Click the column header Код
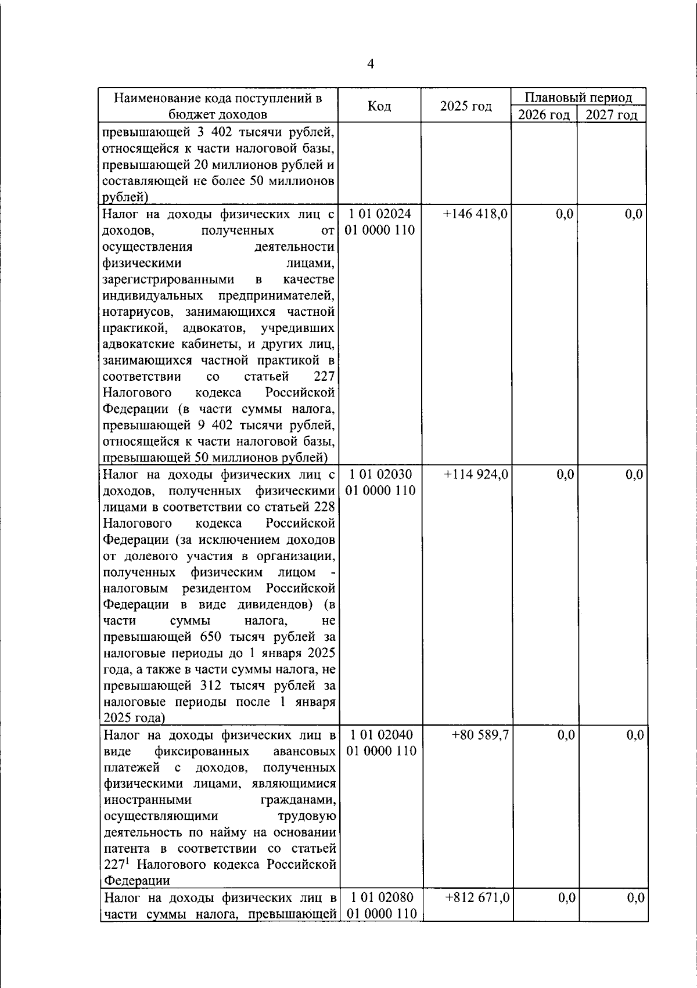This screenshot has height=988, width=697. pos(379,106)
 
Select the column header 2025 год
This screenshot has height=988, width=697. pos(465,106)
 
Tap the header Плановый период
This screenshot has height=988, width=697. pos(578,98)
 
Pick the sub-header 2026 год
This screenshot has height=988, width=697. pos(544,114)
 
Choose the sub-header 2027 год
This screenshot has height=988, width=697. pos(611,114)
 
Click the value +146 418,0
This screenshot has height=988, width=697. pos(476,214)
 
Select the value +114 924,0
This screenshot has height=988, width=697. pos(476,475)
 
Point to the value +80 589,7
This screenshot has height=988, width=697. pos(480,735)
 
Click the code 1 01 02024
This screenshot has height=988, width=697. pos(380,214)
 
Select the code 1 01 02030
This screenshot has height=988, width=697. pos(380,475)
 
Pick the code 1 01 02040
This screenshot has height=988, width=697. pos(380,735)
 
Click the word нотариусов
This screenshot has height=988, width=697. pos(133,312)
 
